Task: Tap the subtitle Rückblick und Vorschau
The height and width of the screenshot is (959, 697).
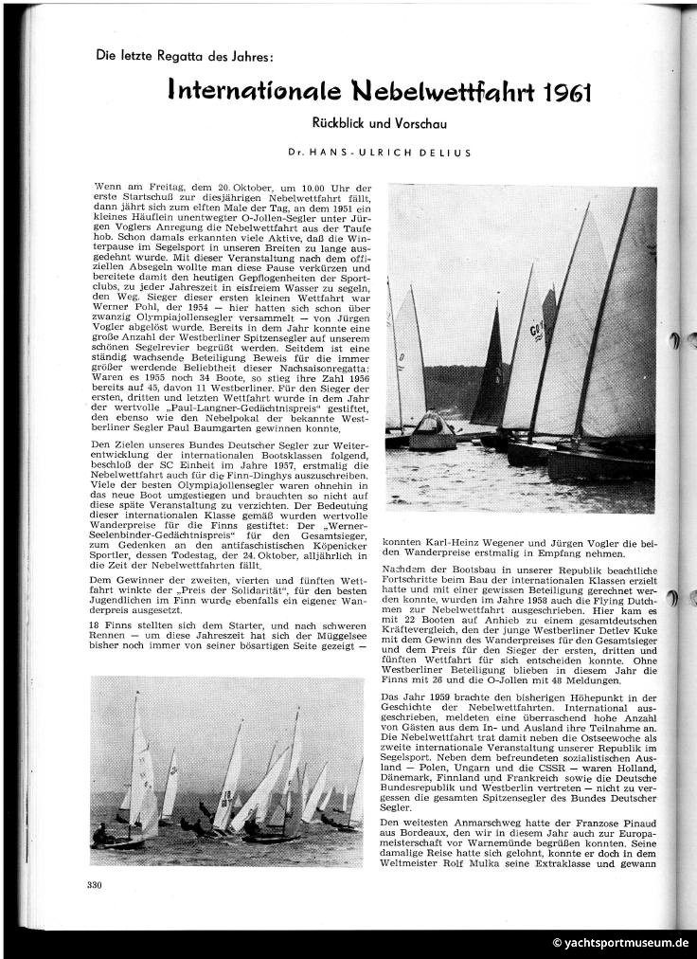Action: coord(380,123)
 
